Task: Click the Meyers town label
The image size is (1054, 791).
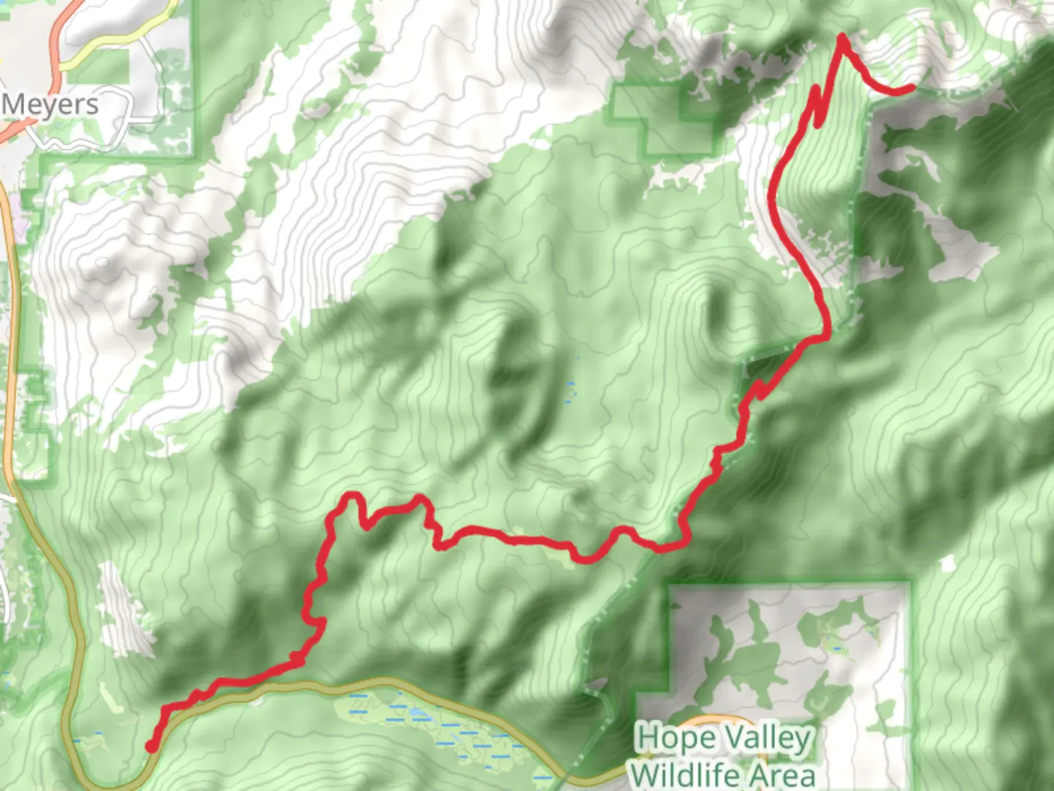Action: pyautogui.click(x=50, y=105)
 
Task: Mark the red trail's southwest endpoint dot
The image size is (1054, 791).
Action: pyautogui.click(x=151, y=746)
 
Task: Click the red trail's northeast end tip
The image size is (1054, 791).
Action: pyautogui.click(x=910, y=89)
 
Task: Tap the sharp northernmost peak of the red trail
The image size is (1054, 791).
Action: pyautogui.click(x=842, y=36)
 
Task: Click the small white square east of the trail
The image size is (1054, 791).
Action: pyautogui.click(x=949, y=563)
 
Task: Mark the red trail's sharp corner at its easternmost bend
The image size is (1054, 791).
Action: pyautogui.click(x=826, y=337)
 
